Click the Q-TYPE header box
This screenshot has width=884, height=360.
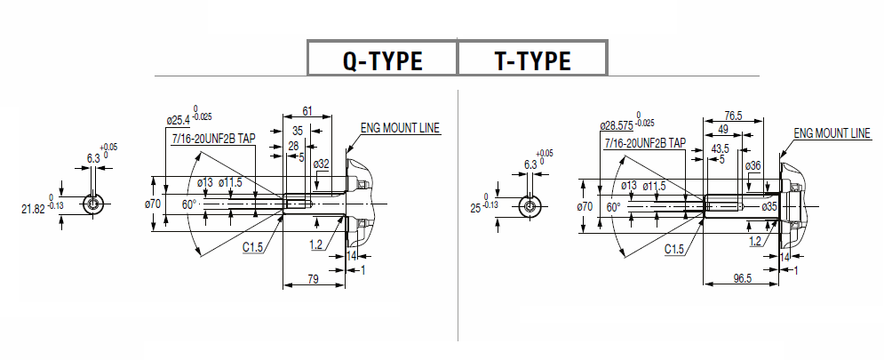(x=382, y=60)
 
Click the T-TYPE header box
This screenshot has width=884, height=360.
(x=532, y=60)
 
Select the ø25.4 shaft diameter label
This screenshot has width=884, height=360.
(x=180, y=119)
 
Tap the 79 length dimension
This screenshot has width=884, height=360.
(x=312, y=280)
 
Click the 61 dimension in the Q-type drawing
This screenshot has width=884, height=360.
(x=307, y=111)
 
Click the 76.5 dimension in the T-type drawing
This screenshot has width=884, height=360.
(x=733, y=116)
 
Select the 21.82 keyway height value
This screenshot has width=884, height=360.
(x=32, y=209)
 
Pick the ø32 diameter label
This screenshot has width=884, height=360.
(x=322, y=164)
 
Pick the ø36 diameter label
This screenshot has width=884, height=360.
(x=753, y=166)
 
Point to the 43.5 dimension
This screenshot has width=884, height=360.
(x=720, y=148)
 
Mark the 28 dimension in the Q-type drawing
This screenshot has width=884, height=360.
(x=292, y=145)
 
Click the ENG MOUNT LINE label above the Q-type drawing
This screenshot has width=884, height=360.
(x=400, y=128)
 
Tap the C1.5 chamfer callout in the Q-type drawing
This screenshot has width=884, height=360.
(x=253, y=248)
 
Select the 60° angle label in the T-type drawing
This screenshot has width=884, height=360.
(x=613, y=206)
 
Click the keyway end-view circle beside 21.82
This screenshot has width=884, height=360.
(x=93, y=204)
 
